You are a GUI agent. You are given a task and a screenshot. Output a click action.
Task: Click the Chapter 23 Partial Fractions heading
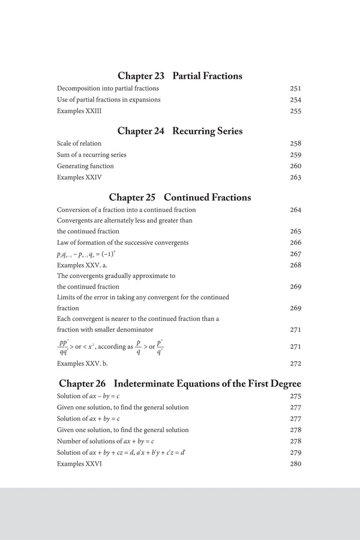pos(180,76)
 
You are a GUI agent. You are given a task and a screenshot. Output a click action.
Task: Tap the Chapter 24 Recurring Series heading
pos(180,131)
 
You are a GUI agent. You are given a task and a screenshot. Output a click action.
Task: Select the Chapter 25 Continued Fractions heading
pos(180,197)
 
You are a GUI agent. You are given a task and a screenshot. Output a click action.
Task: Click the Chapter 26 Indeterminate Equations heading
pos(180,383)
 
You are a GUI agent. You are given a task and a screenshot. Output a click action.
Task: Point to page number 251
pos(295,88)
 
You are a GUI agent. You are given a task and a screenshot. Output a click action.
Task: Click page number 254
pos(295,100)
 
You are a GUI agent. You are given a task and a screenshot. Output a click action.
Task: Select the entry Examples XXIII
pos(75,111)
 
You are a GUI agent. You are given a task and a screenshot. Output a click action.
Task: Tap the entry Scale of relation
pos(79,143)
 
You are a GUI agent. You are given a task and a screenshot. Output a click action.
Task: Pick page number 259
pos(295,155)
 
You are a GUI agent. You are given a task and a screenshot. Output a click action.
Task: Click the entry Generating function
pos(85,166)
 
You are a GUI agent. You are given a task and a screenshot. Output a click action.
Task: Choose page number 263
pos(295,178)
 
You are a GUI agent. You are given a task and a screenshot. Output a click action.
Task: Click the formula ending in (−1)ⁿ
pos(91,254)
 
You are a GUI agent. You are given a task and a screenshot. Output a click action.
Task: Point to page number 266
pos(295,242)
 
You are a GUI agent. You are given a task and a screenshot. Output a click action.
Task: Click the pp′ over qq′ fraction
pos(63,347)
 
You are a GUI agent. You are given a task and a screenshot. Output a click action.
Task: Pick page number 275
pos(295,396)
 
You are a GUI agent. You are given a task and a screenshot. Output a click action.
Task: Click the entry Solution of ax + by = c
pos(88,418)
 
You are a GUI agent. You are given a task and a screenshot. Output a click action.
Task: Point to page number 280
pos(295,464)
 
